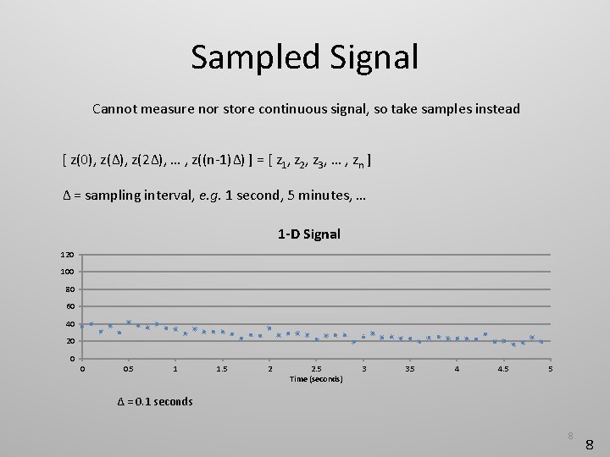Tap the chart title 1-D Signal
coord(308,234)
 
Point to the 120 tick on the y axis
coord(68,255)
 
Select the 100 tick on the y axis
coord(68,272)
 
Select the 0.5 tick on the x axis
coord(129,369)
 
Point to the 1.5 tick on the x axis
coord(222,369)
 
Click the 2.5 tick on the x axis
coord(316,369)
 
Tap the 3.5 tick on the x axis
coord(410,369)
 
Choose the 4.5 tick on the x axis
coord(503,369)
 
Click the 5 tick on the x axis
coord(551,369)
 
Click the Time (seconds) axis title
coord(316,379)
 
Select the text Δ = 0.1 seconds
coord(154,401)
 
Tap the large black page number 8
coord(590,443)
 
